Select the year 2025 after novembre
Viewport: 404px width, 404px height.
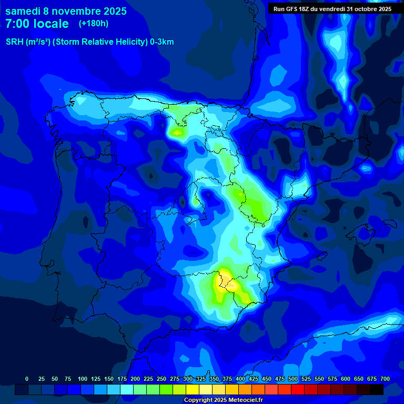pos(112,11)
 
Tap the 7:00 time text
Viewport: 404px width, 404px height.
pos(18,24)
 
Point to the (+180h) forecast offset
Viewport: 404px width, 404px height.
pos(94,24)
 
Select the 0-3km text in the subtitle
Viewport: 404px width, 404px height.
pos(162,42)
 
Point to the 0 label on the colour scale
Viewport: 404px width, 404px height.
pos(27,379)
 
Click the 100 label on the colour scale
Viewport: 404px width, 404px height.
pos(83,379)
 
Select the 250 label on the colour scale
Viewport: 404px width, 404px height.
pos(161,379)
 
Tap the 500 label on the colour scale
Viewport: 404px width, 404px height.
pos(293,379)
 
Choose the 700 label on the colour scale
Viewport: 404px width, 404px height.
pos(385,379)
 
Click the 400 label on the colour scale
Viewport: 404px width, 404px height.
pos(240,379)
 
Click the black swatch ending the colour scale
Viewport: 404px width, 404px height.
pos(377,389)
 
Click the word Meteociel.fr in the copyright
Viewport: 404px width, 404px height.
pos(244,400)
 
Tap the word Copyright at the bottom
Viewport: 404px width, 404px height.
pos(198,400)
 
